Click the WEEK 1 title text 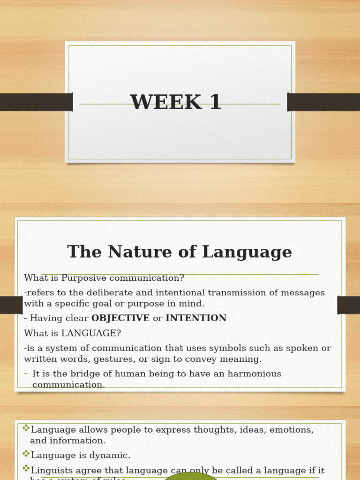coord(176,103)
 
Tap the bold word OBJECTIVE coord(120,318)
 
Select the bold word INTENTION coord(196,318)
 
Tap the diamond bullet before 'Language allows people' coord(26,428)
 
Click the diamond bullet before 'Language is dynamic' coord(26,454)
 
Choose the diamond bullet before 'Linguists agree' coord(26,469)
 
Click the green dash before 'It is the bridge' coord(26,374)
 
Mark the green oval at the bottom coord(191,476)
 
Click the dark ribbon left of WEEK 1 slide coord(36,102)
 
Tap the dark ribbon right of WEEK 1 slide coord(323,102)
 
